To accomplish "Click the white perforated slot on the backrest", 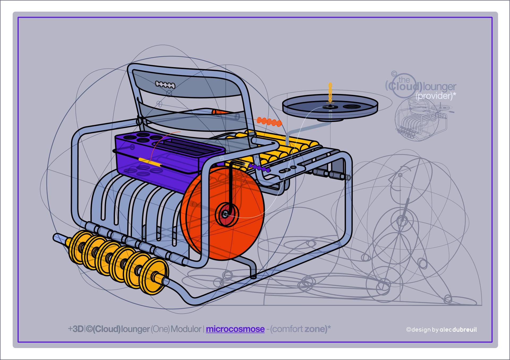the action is click(165, 85).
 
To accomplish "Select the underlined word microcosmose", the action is click(235, 329).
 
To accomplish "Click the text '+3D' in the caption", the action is click(76, 329).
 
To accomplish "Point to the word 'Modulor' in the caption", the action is click(186, 329).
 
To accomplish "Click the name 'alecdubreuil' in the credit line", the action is click(458, 330).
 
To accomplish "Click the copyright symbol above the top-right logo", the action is click(394, 73).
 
